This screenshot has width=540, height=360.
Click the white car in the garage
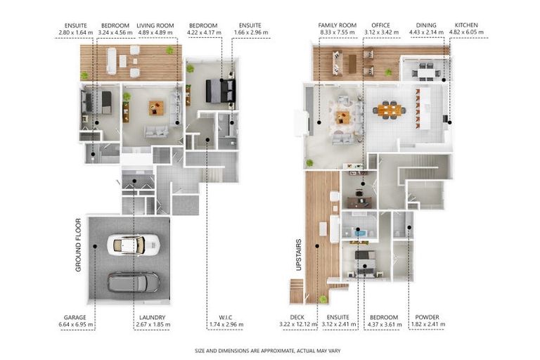click(134, 245)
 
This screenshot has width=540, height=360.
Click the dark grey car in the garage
click(134, 282)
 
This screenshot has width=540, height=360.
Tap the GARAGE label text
click(75, 317)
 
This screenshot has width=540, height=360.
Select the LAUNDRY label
click(152, 317)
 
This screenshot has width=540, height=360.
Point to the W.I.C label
click(226, 317)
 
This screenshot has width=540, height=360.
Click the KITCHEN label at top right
click(466, 25)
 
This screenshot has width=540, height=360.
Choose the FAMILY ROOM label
click(337, 25)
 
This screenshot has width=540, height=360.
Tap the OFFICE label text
click(380, 25)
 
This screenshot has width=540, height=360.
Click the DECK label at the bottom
click(297, 317)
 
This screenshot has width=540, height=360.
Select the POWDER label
click(427, 317)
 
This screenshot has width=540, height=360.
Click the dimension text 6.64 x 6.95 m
click(76, 325)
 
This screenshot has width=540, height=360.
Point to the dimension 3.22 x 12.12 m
click(298, 325)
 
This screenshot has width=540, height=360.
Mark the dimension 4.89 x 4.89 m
click(155, 33)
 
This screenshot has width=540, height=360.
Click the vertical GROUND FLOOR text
click(78, 245)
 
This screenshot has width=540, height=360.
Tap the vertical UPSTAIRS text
click(298, 255)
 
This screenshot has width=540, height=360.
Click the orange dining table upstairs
click(389, 110)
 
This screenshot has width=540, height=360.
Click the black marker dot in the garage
click(95, 246)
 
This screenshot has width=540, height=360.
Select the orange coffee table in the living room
click(156, 108)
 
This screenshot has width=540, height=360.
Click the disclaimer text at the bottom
click(268, 351)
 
